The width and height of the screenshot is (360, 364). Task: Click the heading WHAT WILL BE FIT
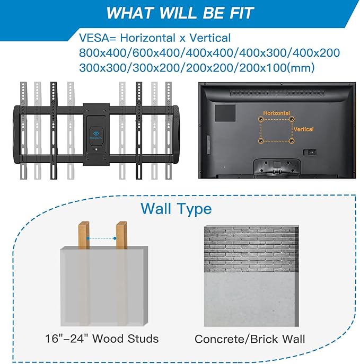180,13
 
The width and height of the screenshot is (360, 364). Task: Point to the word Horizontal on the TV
275,113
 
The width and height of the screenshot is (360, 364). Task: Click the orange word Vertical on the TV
303,129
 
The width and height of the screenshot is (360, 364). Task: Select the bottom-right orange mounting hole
291,141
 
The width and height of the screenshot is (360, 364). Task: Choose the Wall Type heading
176,208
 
